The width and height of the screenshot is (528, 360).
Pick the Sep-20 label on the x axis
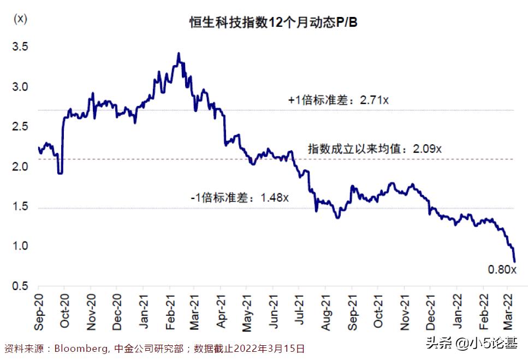click(38, 311)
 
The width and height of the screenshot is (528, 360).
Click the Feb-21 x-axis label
click(169, 311)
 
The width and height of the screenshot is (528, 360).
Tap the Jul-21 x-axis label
click(299, 311)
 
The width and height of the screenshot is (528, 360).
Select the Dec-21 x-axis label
click(430, 311)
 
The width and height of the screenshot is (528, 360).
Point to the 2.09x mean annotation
click(375, 149)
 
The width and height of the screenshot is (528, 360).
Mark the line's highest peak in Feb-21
click(179, 54)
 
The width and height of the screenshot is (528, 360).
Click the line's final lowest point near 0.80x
click(514, 261)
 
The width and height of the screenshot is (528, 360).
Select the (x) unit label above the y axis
click(20, 18)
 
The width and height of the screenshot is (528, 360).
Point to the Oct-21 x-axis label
click(378, 311)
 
